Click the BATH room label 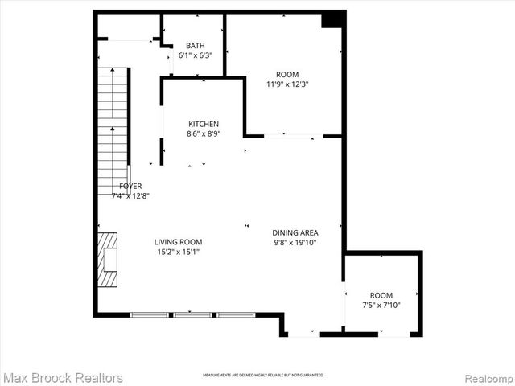(195, 45)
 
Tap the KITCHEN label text (204, 124)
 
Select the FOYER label (130, 186)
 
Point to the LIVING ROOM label (179, 241)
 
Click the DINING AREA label (295, 232)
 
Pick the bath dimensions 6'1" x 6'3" (195, 55)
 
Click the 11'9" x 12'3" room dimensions (288, 84)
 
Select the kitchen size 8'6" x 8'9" (204, 134)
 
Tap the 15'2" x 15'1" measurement (179, 252)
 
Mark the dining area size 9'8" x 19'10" (295, 242)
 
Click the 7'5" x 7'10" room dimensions (381, 306)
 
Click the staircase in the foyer (113, 129)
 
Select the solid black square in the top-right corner (332, 20)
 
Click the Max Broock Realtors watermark (63, 377)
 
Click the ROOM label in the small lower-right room (381, 295)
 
